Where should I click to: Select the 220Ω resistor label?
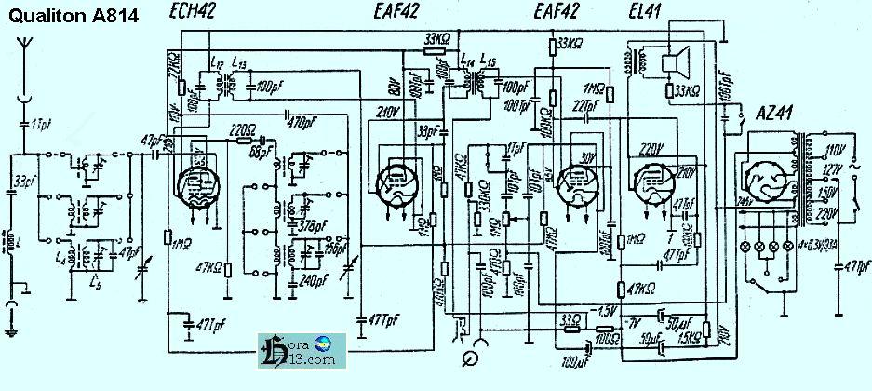tap(246, 132)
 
